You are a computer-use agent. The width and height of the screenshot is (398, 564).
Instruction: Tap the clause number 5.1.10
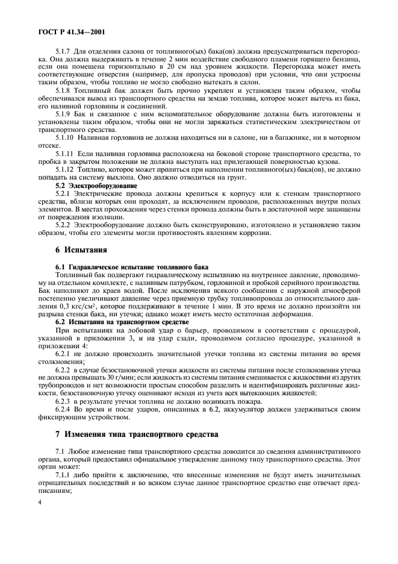[x=64, y=138]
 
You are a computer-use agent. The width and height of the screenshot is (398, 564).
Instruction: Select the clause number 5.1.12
[x=64, y=171]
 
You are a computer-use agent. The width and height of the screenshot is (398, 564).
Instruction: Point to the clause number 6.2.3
[x=63, y=401]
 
